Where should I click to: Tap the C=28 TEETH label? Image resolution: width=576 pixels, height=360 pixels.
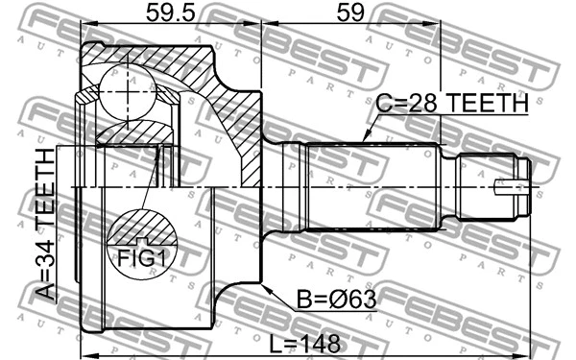tap(452, 103)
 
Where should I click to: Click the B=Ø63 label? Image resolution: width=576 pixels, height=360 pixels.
tap(336, 300)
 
